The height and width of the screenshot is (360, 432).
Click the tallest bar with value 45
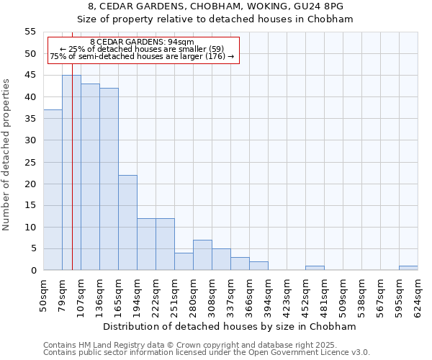pyautogui.click(x=71, y=173)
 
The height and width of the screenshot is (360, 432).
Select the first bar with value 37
pyautogui.click(x=53, y=190)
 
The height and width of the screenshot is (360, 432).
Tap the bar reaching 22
pyautogui.click(x=127, y=222)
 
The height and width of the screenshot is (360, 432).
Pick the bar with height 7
pyautogui.click(x=202, y=255)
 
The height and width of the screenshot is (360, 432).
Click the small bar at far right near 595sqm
pyautogui.click(x=408, y=268)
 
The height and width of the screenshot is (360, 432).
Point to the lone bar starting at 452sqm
pyautogui.click(x=315, y=268)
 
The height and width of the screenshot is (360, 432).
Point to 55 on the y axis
pyautogui.click(x=30, y=32)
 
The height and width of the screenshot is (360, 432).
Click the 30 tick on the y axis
pyautogui.click(x=30, y=140)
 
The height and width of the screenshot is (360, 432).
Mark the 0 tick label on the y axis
pyautogui.click(x=33, y=271)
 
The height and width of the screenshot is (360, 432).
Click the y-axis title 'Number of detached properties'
pyautogui.click(x=7, y=155)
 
